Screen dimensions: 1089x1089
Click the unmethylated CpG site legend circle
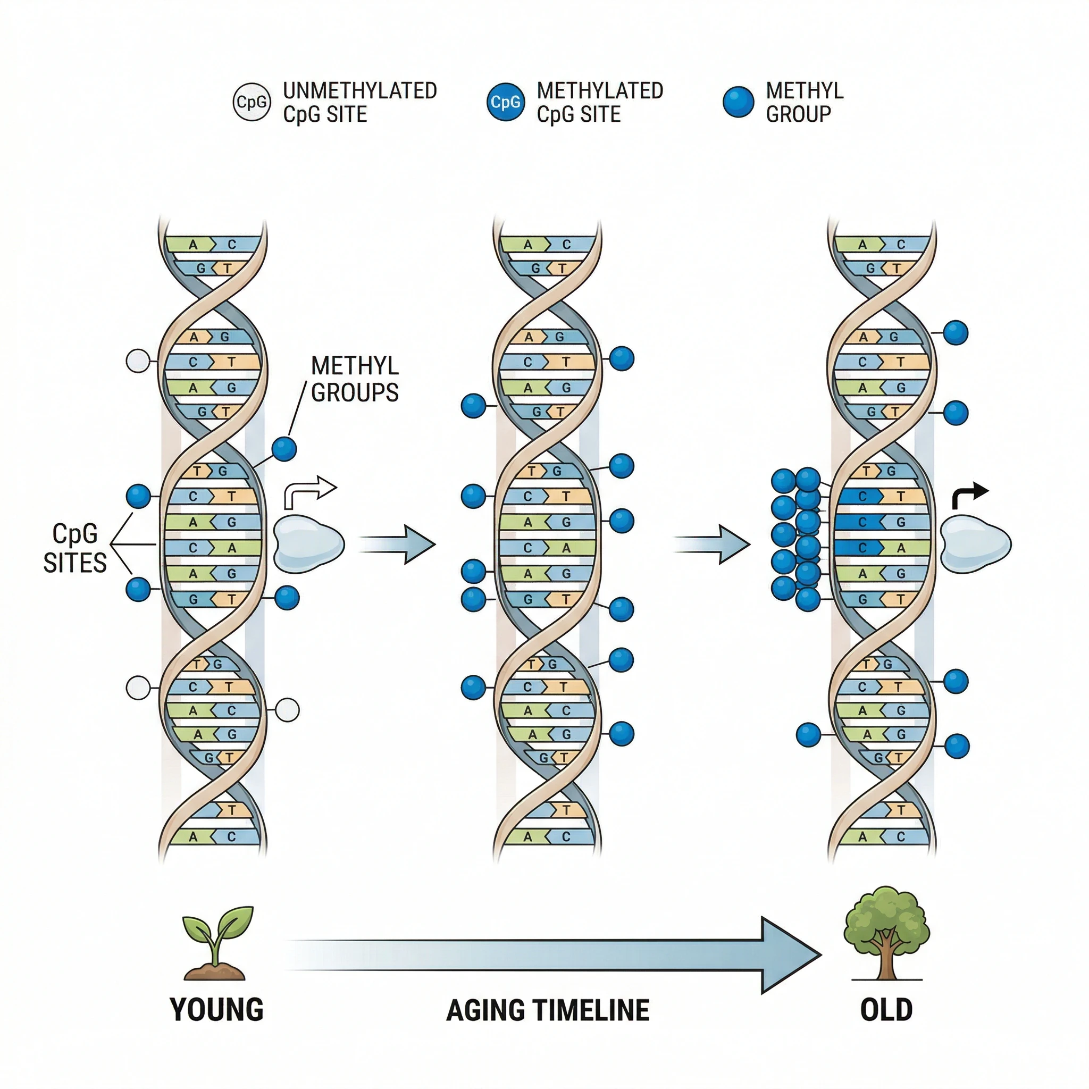point(252,102)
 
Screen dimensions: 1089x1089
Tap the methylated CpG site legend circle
point(505,102)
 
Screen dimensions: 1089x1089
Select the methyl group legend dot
point(738,102)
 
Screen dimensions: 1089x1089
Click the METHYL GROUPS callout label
point(355,379)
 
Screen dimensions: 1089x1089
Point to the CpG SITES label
point(74,548)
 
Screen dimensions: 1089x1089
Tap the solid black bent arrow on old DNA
point(968,496)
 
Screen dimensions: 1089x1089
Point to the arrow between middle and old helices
point(714,544)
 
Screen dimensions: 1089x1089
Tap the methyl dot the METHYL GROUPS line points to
point(284,449)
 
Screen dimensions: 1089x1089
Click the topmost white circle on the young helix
point(138,361)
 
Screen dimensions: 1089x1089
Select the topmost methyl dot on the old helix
point(956,332)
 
